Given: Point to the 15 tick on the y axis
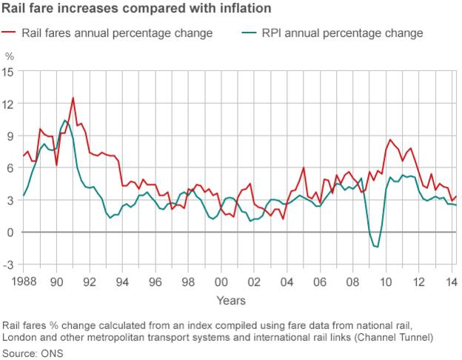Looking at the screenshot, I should coord(9,72).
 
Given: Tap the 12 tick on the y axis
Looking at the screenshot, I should coord(9,104).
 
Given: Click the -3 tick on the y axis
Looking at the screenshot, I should coord(8,265).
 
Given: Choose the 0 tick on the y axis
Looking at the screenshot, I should coord(10,233).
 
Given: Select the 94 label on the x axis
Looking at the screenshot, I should coord(123,282).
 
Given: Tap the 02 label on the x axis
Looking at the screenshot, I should coord(254,282).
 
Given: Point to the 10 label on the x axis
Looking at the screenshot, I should coord(385,282).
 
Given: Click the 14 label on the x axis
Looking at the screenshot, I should coord(450,282).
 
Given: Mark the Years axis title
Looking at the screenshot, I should coord(231,300).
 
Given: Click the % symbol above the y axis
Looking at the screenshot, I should coord(10,56).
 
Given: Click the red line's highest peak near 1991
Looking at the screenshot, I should coord(73,98).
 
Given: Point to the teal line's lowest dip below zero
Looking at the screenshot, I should coord(377,247).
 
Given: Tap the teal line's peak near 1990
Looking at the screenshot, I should coord(65,120).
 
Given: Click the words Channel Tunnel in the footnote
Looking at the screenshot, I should coord(401,338).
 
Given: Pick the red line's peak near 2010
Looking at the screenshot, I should coord(389,139).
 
